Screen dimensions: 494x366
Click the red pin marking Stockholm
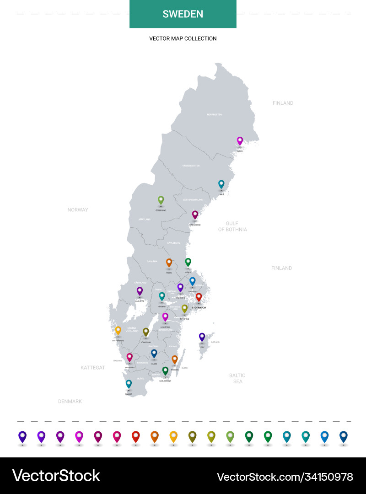[x=199, y=297]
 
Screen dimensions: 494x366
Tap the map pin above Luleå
[x=240, y=140]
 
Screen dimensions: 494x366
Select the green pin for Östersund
[x=161, y=199]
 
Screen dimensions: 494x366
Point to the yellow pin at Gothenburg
[x=118, y=330]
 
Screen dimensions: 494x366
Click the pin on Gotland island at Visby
[x=202, y=337]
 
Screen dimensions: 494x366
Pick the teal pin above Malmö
[x=129, y=383]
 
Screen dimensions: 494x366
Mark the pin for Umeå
[x=221, y=184]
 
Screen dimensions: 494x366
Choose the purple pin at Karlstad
[x=140, y=290]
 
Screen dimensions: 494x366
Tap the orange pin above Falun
[x=169, y=262]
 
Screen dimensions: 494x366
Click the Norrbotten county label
[x=214, y=114]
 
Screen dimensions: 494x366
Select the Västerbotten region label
[x=191, y=166]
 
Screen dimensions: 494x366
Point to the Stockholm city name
[x=199, y=308]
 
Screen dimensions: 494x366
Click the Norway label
[x=78, y=210]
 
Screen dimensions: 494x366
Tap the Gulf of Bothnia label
[x=232, y=226]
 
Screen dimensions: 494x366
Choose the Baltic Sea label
[x=237, y=378]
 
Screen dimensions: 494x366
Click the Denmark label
[x=70, y=401]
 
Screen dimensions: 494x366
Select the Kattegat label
[x=93, y=368]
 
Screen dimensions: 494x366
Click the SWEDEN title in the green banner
[x=183, y=14]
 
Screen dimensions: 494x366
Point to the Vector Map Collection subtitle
[x=183, y=38]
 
